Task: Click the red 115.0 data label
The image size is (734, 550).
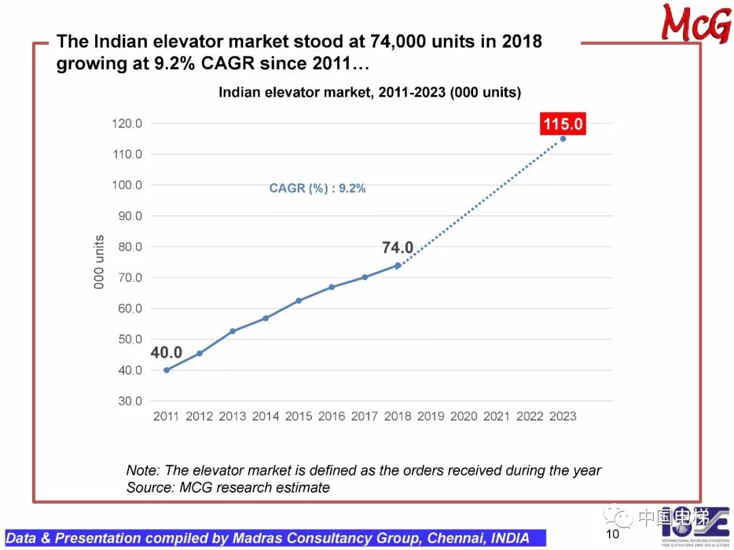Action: tap(563, 124)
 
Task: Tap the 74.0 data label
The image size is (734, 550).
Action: tap(398, 248)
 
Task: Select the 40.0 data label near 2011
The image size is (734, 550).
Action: tap(167, 352)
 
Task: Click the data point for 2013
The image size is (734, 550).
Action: tap(232, 331)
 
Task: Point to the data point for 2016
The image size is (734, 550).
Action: tap(332, 287)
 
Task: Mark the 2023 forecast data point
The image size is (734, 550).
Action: tap(563, 139)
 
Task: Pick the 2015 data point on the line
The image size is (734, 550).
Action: tap(298, 301)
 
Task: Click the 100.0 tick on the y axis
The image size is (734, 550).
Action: tap(127, 185)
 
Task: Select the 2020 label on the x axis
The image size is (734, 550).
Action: tap(464, 416)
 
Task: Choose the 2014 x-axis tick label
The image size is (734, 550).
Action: tap(265, 416)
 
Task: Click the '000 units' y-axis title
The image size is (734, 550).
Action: tap(99, 262)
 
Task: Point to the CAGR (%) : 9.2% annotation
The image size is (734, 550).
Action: tap(317, 189)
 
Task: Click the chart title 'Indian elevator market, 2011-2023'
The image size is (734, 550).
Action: tap(369, 92)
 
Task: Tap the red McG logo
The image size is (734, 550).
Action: tap(696, 24)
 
